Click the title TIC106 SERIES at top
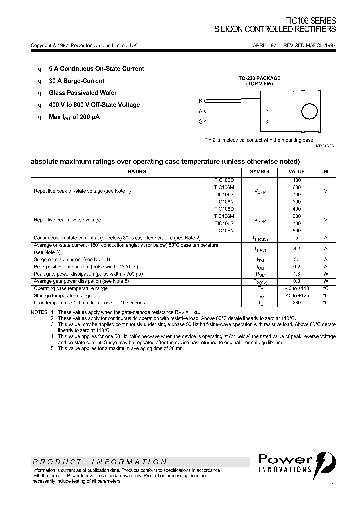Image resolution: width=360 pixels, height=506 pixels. (310, 21)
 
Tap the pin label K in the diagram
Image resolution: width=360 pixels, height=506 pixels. (201, 101)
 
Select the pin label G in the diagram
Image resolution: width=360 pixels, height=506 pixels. (201, 121)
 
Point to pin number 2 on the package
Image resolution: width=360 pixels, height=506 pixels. (267, 111)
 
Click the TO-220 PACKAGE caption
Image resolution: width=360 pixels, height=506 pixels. (259, 78)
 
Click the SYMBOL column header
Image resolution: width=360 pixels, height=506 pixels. (260, 172)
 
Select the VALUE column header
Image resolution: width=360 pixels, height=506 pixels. (296, 172)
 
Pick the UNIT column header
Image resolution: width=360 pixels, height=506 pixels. (325, 172)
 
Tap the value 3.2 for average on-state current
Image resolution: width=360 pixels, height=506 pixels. (296, 248)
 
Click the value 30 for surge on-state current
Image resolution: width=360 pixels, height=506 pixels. (296, 259)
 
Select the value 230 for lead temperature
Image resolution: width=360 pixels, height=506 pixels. (296, 303)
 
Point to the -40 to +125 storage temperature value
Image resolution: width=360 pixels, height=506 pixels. (296, 296)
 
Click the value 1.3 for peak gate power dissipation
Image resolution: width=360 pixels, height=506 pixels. (296, 274)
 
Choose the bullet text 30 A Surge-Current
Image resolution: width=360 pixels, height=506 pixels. (76, 81)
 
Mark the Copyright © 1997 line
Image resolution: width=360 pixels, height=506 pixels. (84, 45)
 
